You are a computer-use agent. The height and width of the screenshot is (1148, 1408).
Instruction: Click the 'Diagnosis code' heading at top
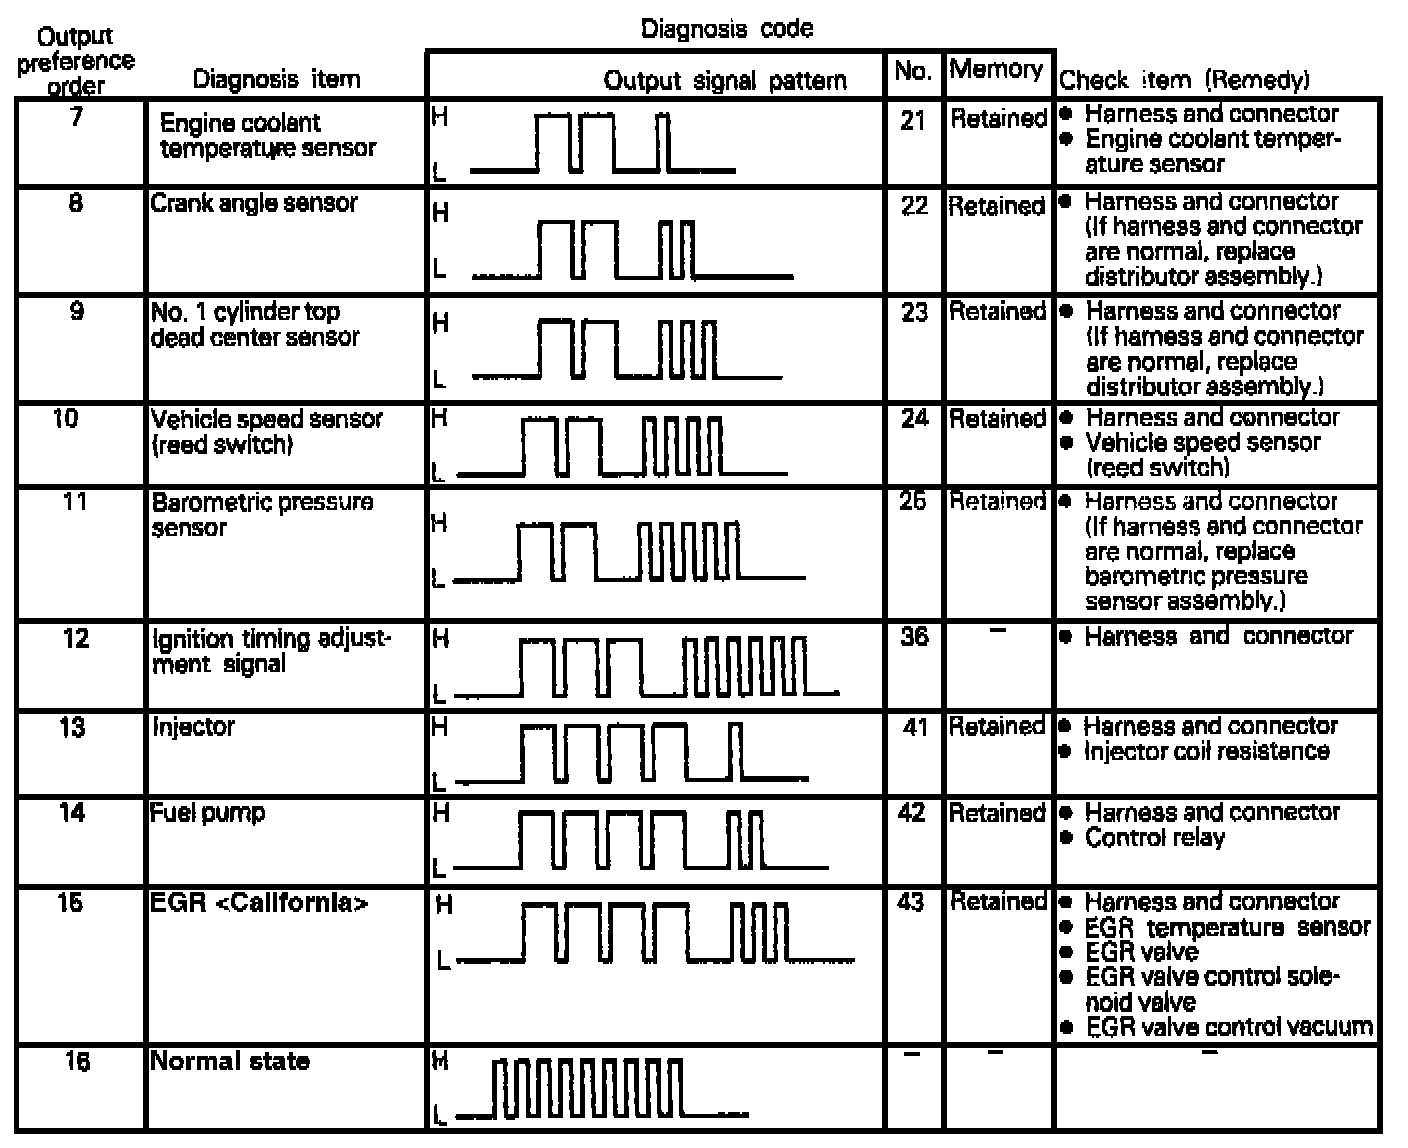[x=726, y=28]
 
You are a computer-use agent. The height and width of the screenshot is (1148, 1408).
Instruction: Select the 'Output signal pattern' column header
[x=725, y=80]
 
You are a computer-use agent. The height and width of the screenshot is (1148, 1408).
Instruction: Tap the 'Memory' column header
[x=996, y=70]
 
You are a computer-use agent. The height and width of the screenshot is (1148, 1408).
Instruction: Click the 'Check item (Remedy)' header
[x=1183, y=80]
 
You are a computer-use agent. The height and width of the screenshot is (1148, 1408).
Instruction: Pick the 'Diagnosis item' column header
[x=276, y=79]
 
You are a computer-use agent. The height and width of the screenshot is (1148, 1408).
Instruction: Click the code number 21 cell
[x=913, y=120]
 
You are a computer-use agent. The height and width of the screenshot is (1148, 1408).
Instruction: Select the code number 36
[x=913, y=637]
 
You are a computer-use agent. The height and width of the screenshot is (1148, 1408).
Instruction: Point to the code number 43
[x=911, y=902]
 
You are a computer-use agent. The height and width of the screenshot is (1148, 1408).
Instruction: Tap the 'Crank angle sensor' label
[x=254, y=203]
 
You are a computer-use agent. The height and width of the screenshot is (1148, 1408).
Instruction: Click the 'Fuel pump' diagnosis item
[x=208, y=812]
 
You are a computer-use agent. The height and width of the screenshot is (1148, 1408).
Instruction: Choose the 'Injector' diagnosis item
[x=192, y=726]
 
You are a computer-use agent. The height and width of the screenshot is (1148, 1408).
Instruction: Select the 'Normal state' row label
[x=230, y=1061]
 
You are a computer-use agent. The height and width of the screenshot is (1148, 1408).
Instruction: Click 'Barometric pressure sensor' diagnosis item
[x=262, y=514]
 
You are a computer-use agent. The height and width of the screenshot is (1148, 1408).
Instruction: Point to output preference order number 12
[x=76, y=638]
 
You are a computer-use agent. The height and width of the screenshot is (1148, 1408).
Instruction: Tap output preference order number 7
[x=76, y=116]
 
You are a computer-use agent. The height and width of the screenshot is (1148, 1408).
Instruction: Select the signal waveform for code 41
[x=640, y=755]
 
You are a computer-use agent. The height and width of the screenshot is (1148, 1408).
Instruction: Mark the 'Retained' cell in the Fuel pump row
[x=997, y=812]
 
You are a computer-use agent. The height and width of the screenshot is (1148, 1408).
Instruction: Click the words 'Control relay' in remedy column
[x=1154, y=837]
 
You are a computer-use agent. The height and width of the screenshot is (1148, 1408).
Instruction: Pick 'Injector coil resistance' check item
[x=1206, y=751]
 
